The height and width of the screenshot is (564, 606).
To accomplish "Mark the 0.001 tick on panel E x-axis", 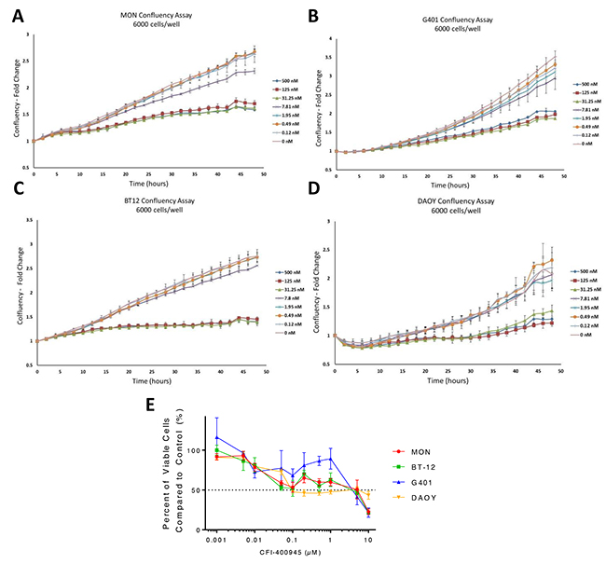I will click(214, 538).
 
